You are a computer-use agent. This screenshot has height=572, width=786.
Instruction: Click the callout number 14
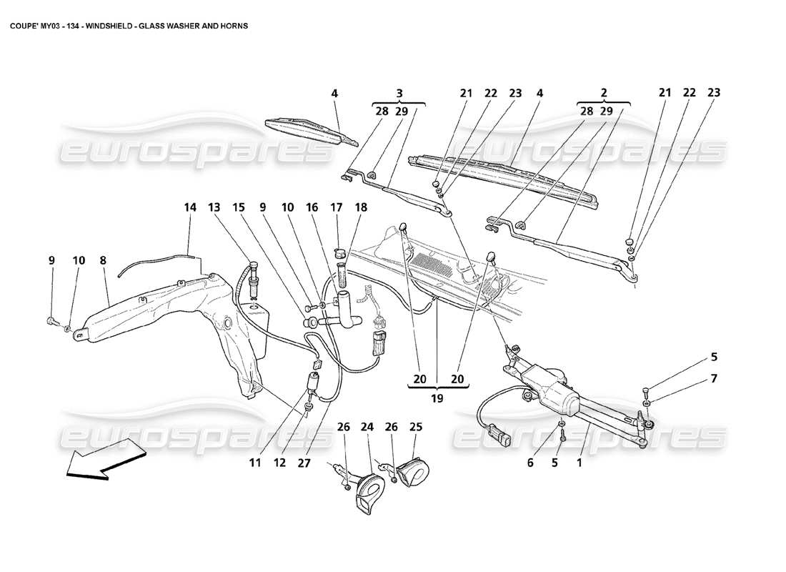click(189, 207)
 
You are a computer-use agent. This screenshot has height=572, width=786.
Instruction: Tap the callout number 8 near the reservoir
click(103, 262)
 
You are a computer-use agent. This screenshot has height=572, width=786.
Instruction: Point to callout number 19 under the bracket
click(437, 398)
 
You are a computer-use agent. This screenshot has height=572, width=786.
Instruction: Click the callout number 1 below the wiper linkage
click(580, 463)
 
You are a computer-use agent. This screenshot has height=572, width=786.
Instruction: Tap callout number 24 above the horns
click(368, 428)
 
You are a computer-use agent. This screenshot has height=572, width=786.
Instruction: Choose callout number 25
click(416, 428)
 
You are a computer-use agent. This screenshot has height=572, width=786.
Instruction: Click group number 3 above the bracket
click(399, 93)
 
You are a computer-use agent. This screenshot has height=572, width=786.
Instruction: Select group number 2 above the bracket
click(604, 93)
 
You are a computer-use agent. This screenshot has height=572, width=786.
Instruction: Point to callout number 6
click(530, 463)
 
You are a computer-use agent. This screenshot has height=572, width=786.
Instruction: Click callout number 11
click(255, 463)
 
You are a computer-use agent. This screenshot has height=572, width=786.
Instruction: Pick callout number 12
click(279, 463)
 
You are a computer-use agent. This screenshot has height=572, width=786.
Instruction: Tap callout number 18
click(361, 207)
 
